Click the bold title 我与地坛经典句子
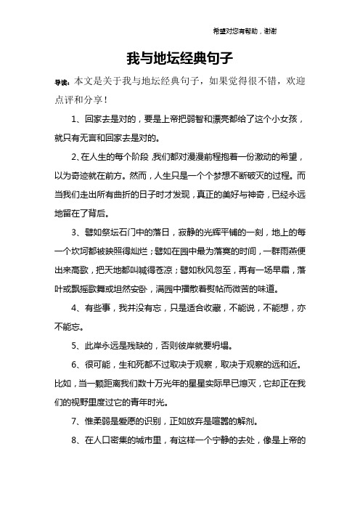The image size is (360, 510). pyautogui.click(x=179, y=56)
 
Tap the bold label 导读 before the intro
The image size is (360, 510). pyautogui.click(x=62, y=84)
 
